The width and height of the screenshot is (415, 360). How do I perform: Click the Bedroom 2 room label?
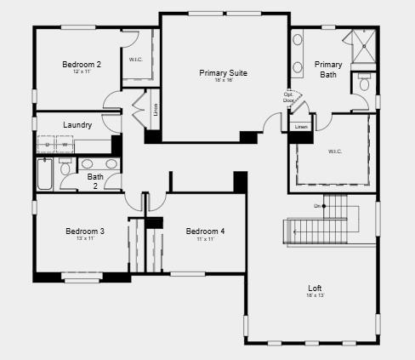[x=82, y=64]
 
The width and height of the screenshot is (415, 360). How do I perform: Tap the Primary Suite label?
[x=223, y=73]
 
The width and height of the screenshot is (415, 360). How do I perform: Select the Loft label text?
[x=315, y=288]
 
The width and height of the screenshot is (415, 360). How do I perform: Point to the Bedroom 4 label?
[x=205, y=231]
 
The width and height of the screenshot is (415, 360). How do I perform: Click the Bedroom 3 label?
[x=85, y=231]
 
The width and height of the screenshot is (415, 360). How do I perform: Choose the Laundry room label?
[x=77, y=125]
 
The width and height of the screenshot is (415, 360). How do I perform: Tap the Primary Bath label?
[x=328, y=69]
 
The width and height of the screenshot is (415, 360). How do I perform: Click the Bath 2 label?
[x=95, y=181]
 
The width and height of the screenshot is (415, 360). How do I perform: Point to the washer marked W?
[x=64, y=146]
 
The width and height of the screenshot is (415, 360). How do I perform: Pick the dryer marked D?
[x=47, y=146]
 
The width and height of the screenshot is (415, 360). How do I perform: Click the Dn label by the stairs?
[x=317, y=206]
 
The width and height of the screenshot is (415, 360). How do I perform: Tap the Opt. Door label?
[x=289, y=97]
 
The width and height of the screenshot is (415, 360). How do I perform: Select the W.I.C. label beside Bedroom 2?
[x=135, y=60]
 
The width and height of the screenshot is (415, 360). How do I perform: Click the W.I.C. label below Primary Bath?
[x=334, y=151]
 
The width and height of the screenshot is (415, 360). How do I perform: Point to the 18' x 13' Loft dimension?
[x=315, y=295]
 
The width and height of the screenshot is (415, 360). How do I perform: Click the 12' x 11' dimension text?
[x=82, y=71]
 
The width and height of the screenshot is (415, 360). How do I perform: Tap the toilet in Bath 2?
[x=66, y=168]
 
